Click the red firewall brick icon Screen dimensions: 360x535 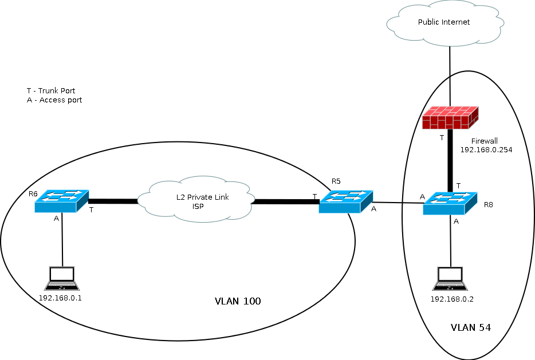449,118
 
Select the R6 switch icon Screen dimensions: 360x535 61,200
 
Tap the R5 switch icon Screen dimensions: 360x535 346,201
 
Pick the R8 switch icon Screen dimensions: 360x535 450,203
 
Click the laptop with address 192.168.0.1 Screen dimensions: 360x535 61,279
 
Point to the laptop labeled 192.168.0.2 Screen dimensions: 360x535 451,279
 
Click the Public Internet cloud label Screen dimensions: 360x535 444,22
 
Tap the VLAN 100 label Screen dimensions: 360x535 238,301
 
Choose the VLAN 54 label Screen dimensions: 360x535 471,327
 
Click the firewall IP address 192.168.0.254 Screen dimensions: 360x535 486,149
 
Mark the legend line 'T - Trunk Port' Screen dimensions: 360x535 51,90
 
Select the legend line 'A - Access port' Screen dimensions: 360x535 54,100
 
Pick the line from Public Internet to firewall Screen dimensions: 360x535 450,74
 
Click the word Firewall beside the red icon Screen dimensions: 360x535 485,141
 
